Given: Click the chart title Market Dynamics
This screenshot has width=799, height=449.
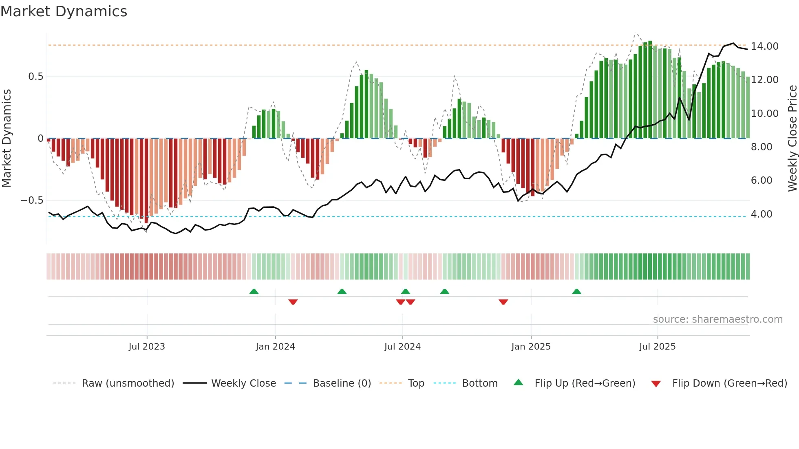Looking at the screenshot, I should tap(64, 11).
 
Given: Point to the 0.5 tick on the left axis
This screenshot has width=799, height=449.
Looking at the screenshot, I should tap(36, 77).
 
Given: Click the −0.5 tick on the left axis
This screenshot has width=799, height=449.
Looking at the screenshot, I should tap(32, 200).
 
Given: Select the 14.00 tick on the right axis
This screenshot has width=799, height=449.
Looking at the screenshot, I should tap(764, 46).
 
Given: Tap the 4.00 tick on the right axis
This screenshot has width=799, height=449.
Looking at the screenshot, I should tap(761, 214).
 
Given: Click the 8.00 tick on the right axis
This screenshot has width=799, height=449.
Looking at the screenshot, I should tap(761, 147).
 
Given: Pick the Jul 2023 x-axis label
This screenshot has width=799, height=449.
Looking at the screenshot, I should tap(147, 347).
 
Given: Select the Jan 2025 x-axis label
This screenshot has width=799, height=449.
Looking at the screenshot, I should tap(531, 347).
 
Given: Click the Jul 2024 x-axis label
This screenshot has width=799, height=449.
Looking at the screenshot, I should tap(402, 347).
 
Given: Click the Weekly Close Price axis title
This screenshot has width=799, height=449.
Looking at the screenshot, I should tap(792, 139).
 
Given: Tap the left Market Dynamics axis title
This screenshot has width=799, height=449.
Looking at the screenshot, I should tap(7, 139).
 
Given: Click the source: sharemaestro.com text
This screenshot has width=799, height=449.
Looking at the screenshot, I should tap(717, 319).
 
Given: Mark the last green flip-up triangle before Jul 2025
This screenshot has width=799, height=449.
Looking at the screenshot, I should tap(576, 292).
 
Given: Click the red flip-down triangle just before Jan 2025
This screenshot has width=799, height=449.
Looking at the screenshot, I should tap(503, 302).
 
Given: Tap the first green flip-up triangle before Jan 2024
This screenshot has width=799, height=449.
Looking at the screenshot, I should tap(254, 292).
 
